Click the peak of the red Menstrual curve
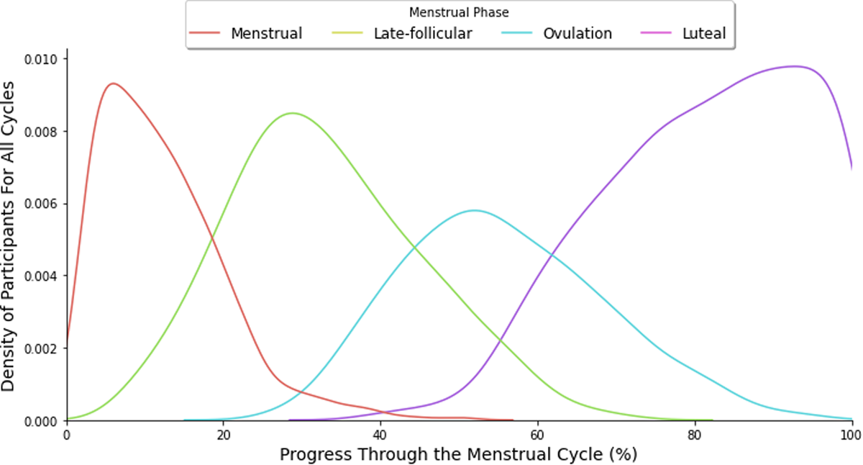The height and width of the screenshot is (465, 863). click(113, 83)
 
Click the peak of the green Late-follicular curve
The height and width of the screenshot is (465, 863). click(292, 113)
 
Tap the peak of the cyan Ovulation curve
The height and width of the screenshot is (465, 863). click(474, 210)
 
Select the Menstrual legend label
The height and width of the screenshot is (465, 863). click(266, 33)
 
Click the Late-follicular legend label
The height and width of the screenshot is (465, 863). click(423, 33)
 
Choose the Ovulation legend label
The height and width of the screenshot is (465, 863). click(577, 33)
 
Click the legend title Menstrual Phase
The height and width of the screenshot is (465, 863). click(460, 12)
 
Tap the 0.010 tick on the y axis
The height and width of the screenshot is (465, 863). click(42, 58)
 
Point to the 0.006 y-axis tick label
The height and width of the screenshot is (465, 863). click(42, 204)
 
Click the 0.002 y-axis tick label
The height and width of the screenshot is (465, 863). click(42, 348)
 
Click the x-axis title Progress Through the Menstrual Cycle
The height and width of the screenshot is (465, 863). click(458, 454)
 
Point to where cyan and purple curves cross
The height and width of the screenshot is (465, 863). click(550, 253)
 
